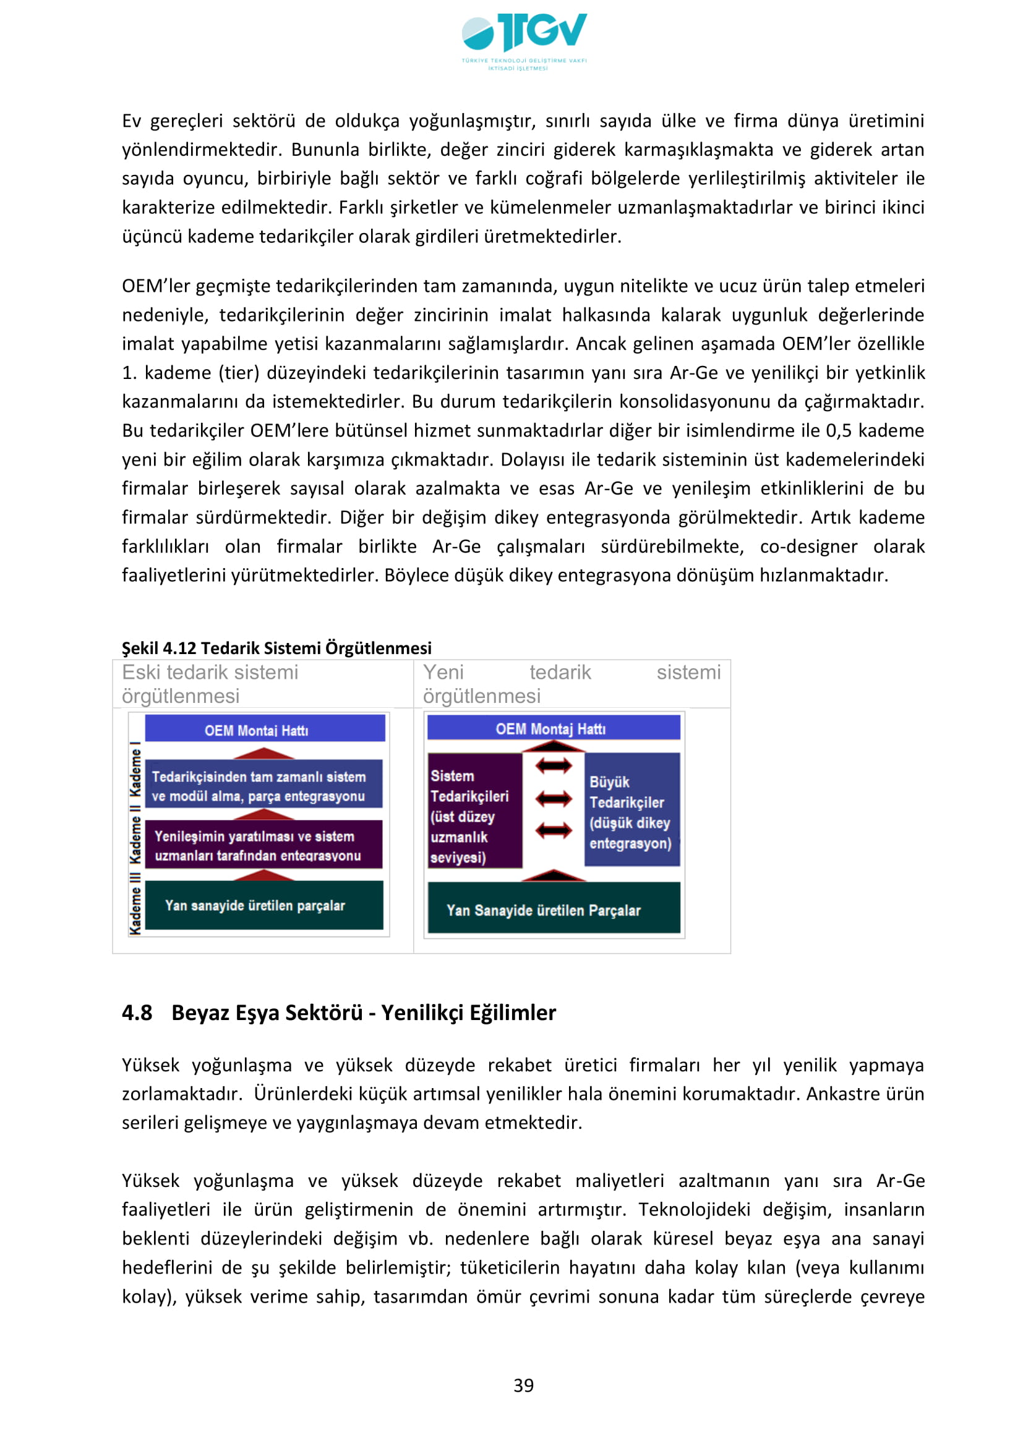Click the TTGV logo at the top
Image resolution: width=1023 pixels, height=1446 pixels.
523,41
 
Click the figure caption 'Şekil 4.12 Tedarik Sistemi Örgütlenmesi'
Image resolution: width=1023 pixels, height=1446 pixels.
276,647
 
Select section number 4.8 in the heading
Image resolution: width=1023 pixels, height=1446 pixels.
137,1012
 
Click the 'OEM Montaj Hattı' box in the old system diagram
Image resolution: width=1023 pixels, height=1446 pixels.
265,729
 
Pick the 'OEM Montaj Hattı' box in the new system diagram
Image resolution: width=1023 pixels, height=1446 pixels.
553,728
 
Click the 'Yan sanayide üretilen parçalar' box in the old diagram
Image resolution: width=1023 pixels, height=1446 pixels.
263,905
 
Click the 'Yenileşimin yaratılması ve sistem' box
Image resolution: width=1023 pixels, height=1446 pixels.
263,845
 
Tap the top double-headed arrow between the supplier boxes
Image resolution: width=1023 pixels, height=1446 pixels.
554,766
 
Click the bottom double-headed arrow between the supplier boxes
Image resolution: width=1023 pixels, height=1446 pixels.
554,831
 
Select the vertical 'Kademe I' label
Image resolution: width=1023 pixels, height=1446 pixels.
135,768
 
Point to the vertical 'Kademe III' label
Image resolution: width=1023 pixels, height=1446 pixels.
135,903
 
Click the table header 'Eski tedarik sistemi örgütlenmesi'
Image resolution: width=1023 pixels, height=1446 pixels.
210,684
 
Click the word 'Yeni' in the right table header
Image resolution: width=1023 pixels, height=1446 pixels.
443,672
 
